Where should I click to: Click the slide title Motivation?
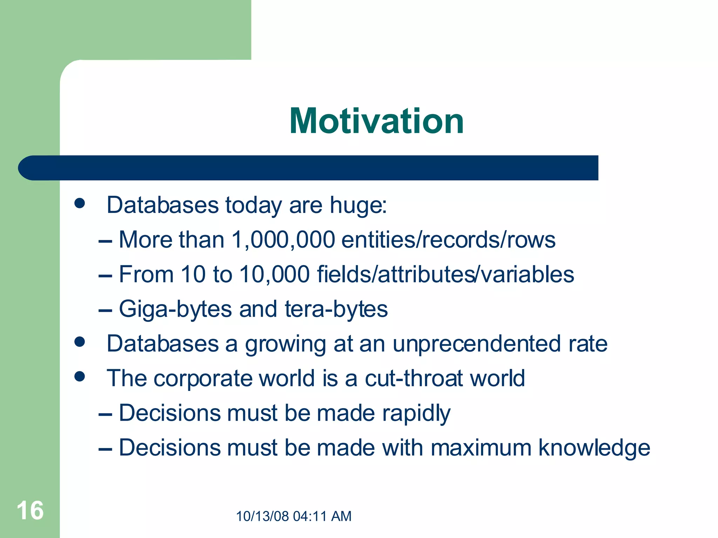377,121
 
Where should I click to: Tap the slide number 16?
30,511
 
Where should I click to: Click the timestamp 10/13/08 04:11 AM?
293,516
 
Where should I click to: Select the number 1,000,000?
283,240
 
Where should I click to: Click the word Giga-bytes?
175,309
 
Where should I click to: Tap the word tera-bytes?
336,309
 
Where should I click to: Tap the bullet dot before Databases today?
80,203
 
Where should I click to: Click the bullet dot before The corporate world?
80,377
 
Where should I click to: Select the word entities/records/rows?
448,240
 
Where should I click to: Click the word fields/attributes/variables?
445,274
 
